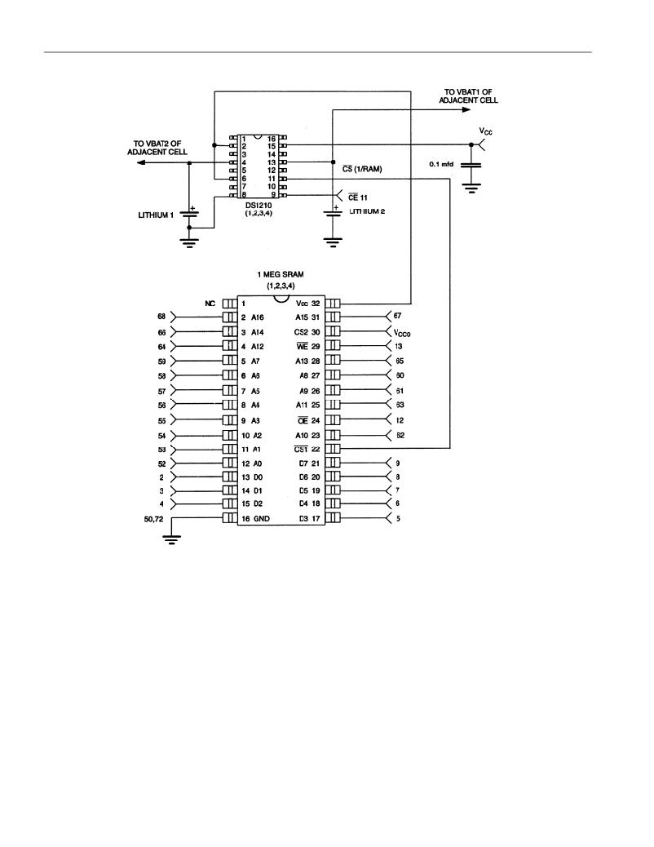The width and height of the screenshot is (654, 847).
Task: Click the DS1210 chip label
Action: (x=259, y=205)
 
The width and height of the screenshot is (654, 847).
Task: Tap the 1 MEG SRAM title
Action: (x=281, y=274)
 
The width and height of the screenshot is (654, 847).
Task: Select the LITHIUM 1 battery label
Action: (x=156, y=215)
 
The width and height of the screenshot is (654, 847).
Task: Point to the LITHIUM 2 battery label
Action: (x=367, y=212)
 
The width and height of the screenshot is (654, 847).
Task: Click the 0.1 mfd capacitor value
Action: (x=441, y=164)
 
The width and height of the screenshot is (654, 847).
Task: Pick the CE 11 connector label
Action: (x=357, y=197)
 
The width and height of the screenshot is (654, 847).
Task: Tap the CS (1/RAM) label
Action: (x=362, y=169)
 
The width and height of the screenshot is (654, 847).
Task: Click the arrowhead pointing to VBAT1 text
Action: (x=466, y=109)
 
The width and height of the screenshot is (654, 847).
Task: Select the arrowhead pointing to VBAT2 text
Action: (x=140, y=162)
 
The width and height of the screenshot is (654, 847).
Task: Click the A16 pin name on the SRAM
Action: (x=258, y=317)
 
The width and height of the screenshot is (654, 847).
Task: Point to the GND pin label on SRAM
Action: (x=262, y=519)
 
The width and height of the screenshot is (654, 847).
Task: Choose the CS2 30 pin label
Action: (x=307, y=332)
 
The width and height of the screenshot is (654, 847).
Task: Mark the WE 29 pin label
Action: (x=308, y=346)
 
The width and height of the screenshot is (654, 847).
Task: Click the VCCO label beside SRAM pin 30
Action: (x=402, y=333)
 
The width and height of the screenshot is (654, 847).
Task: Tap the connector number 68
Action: (x=161, y=317)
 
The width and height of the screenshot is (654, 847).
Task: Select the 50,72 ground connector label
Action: (x=153, y=519)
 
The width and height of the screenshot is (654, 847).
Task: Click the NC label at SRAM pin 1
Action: (x=210, y=304)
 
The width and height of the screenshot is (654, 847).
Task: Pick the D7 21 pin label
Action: (x=309, y=463)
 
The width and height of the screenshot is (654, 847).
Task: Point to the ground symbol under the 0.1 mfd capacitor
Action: (x=471, y=188)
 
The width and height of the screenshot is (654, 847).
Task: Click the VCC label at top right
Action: (x=485, y=131)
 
